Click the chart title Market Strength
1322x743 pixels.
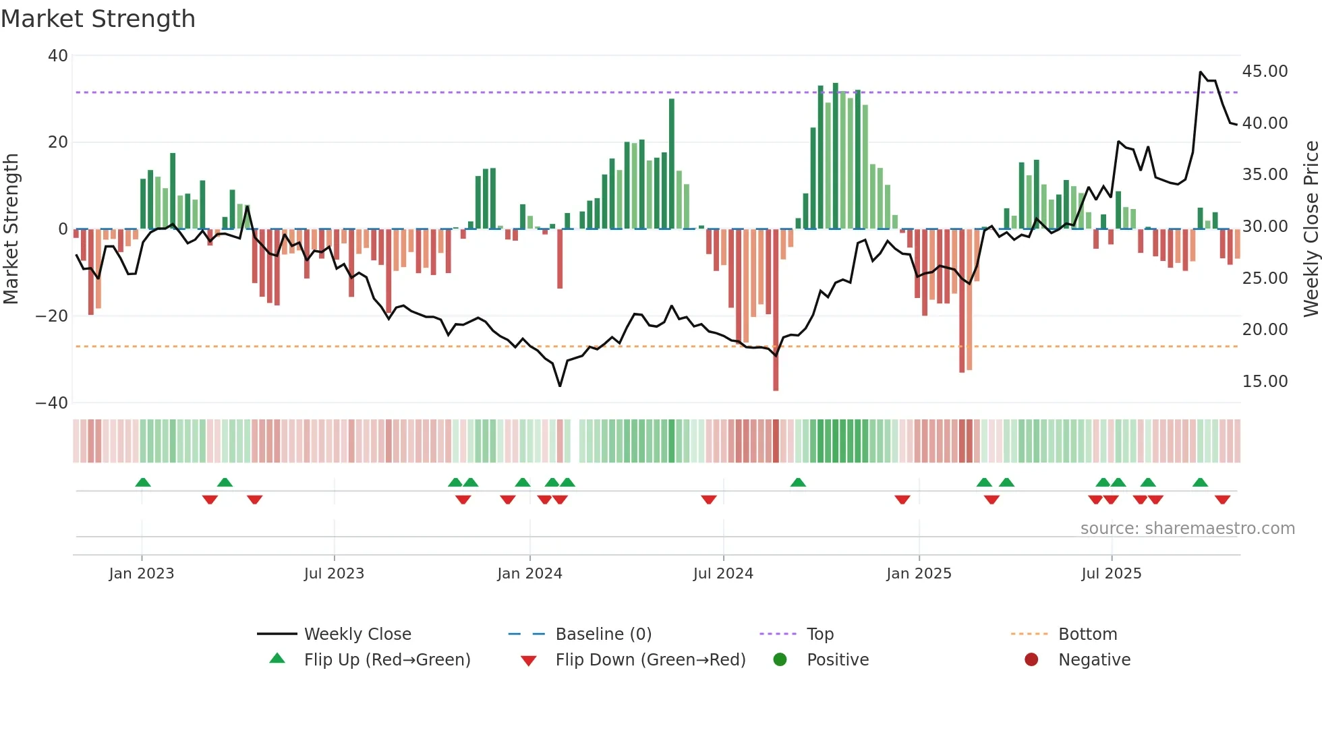98,19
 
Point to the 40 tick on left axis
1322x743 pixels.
58,56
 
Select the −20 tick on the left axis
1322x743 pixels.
52,316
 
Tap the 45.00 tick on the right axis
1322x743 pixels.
1265,71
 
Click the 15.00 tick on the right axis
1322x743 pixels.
1265,382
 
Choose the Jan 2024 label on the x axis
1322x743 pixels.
529,574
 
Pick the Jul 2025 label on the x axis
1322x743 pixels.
1111,574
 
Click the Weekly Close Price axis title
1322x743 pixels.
1311,229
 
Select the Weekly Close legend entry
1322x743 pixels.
357,634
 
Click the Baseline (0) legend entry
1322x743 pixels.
603,634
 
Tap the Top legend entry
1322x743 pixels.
820,634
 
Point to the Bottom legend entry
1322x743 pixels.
1087,634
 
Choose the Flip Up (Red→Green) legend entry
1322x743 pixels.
386,660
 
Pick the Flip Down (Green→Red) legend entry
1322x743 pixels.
650,660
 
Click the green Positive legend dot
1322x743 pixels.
780,660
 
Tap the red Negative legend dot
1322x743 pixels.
1031,660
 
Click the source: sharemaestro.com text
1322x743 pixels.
1187,529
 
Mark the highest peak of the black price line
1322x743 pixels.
1201,72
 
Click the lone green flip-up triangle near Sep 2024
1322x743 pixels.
798,483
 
